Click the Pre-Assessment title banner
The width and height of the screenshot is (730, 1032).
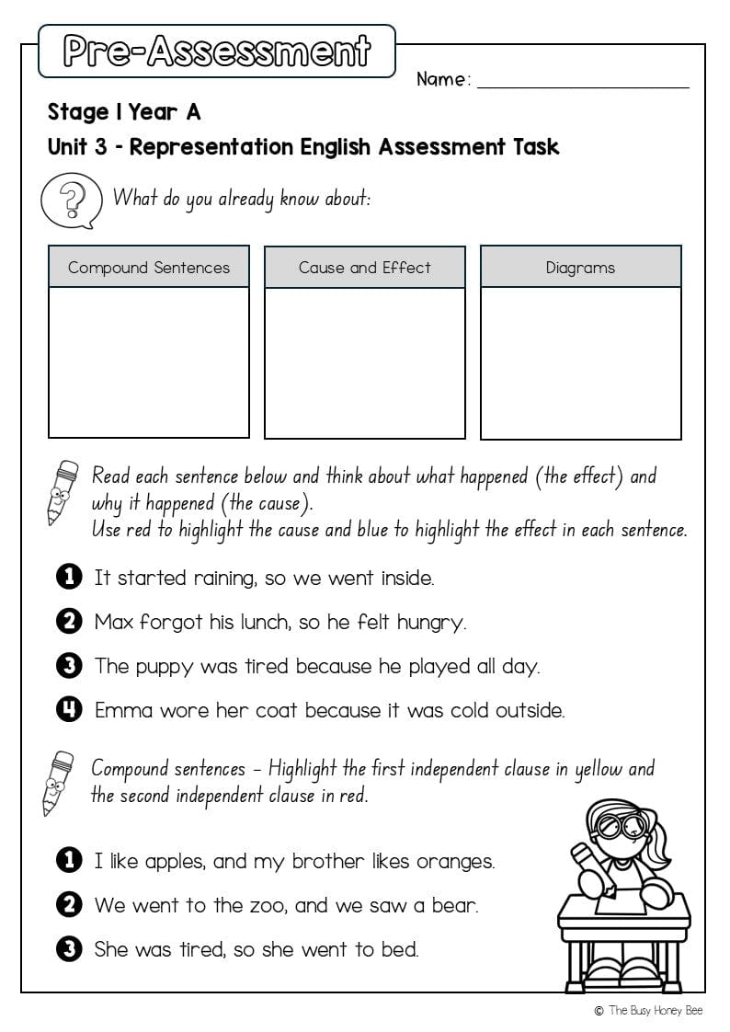pyautogui.click(x=216, y=52)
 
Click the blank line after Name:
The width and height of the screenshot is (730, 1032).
pyautogui.click(x=583, y=81)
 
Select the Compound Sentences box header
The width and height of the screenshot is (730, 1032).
pyautogui.click(x=149, y=268)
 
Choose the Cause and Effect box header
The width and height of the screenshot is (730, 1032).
pyautogui.click(x=365, y=268)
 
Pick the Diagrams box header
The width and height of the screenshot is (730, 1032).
pyautogui.click(x=580, y=268)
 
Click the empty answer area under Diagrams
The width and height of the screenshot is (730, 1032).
pyautogui.click(x=580, y=362)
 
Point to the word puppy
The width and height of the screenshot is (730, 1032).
pyautogui.click(x=165, y=667)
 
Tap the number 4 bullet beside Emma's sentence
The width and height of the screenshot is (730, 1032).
pyautogui.click(x=69, y=710)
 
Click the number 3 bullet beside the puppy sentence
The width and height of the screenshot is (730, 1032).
pyautogui.click(x=69, y=666)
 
